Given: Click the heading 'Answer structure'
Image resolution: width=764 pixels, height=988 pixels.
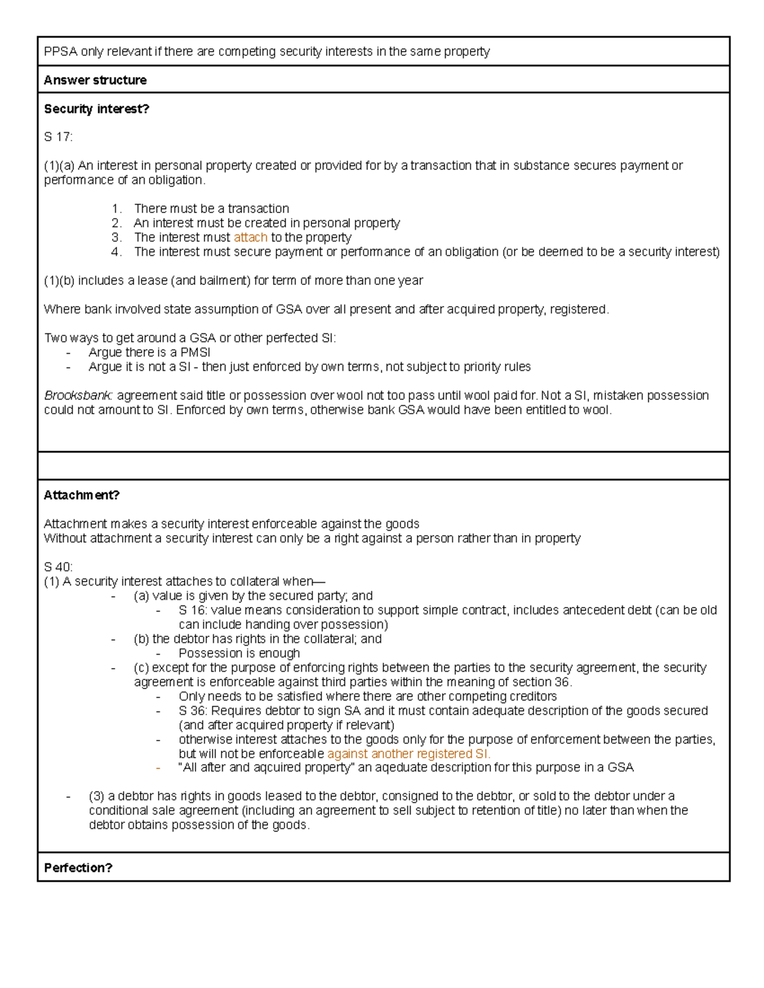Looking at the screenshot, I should click(95, 80).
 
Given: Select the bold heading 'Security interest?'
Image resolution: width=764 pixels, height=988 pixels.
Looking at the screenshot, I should click(96, 109).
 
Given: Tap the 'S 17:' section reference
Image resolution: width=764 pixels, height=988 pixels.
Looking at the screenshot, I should click(58, 137).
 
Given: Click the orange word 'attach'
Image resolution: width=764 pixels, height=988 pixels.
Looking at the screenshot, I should click(250, 237).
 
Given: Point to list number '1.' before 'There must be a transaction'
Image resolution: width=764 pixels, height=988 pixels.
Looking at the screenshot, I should click(116, 209).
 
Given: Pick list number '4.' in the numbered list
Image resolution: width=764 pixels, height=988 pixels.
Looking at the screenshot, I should click(116, 252).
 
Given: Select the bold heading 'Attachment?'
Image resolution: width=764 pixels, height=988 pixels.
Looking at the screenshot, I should click(81, 495).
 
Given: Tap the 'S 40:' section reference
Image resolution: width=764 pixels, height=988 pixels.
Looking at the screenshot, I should click(58, 567).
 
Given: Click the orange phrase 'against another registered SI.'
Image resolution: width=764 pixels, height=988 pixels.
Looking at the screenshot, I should click(409, 754).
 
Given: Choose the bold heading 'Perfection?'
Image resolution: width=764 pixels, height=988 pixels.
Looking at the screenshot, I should click(78, 868).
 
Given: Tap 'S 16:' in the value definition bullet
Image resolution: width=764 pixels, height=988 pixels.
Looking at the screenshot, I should click(193, 610).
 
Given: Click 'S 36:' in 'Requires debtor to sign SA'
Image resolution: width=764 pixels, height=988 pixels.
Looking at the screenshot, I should click(193, 711).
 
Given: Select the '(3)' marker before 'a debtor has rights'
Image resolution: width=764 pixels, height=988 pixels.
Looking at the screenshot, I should click(97, 796).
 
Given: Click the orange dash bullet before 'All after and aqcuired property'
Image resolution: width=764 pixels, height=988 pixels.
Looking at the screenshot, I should click(158, 768).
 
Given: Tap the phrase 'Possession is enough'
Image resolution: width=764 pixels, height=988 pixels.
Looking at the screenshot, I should click(239, 653).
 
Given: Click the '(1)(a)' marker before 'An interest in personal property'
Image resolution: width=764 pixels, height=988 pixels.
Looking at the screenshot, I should click(59, 165).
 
